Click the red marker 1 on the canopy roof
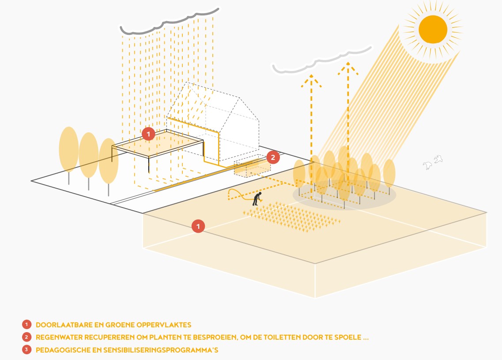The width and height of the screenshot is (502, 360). point(148,133)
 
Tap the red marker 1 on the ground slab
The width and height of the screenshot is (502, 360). point(198,226)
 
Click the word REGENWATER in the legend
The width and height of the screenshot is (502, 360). point(57,337)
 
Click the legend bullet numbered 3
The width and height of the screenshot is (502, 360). point(27,350)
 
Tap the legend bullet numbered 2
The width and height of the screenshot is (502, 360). point(27,337)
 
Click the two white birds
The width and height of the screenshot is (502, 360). point(433,162)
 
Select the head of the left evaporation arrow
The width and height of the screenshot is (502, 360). point(311,80)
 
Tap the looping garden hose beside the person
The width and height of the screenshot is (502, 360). point(237,194)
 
